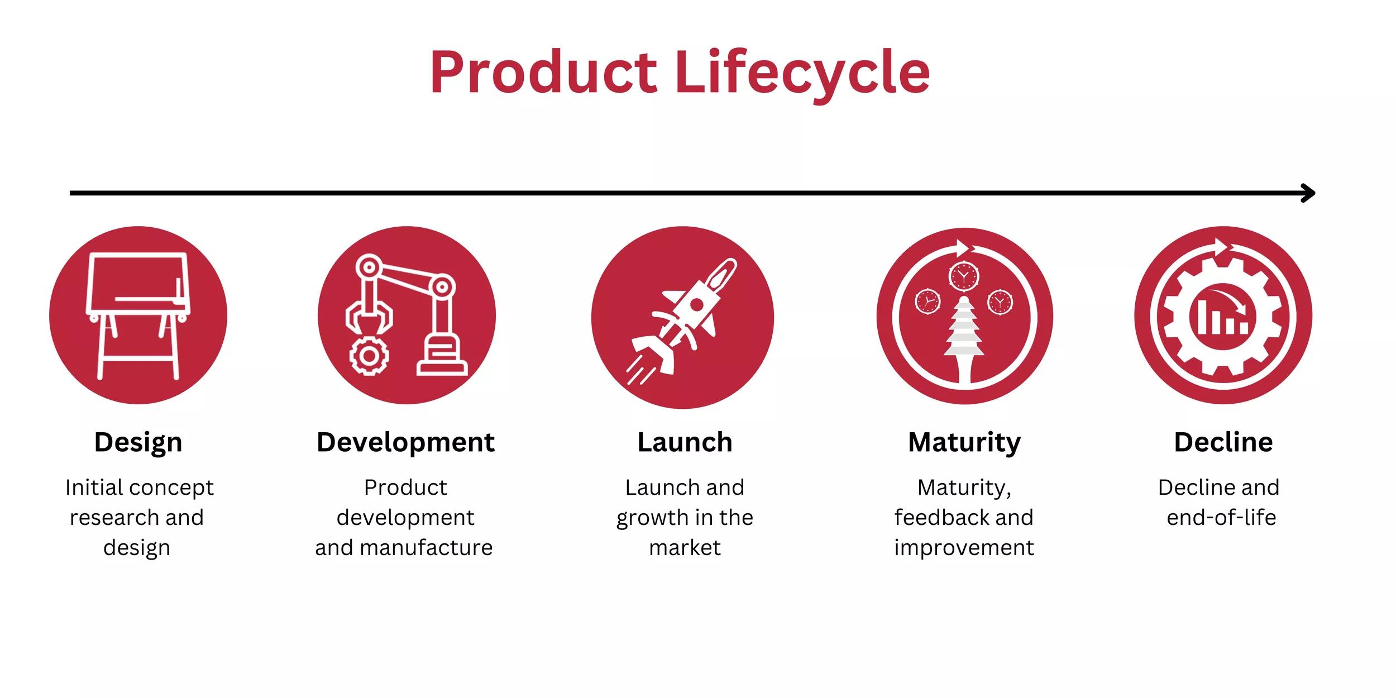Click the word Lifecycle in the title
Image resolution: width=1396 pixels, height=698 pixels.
[x=802, y=73]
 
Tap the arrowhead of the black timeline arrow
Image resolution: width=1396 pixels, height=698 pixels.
[x=1308, y=193]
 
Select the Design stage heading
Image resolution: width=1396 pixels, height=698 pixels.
[x=138, y=442]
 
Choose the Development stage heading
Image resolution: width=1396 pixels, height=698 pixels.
[x=405, y=442]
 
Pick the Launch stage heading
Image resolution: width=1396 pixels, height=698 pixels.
[x=685, y=442]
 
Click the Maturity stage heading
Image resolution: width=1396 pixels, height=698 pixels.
[x=964, y=442]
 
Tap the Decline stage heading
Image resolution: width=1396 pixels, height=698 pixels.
[x=1223, y=442]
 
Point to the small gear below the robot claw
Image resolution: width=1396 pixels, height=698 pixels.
[x=369, y=355]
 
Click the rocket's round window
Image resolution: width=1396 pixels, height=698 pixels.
[x=696, y=305]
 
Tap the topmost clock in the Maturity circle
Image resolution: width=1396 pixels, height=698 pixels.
[x=964, y=275]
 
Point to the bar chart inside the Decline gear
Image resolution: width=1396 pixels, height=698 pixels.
[x=1221, y=317]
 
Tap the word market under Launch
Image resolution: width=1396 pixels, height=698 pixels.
[x=685, y=547]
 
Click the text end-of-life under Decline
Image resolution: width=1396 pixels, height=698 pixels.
[x=1221, y=517]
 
